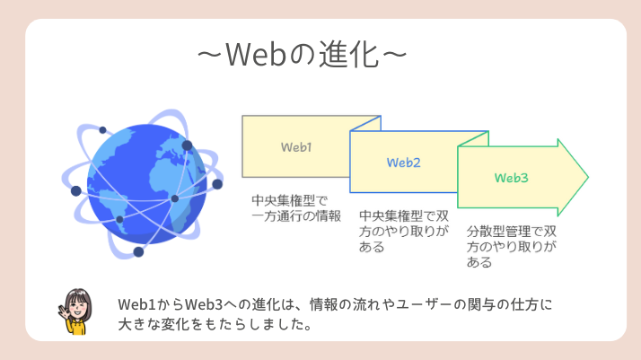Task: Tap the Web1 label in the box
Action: (x=296, y=145)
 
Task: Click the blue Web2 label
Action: (x=404, y=162)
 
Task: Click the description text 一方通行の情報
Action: (x=296, y=215)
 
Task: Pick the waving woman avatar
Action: (x=79, y=311)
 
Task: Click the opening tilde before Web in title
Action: (x=210, y=55)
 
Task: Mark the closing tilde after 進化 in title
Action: (x=396, y=55)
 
